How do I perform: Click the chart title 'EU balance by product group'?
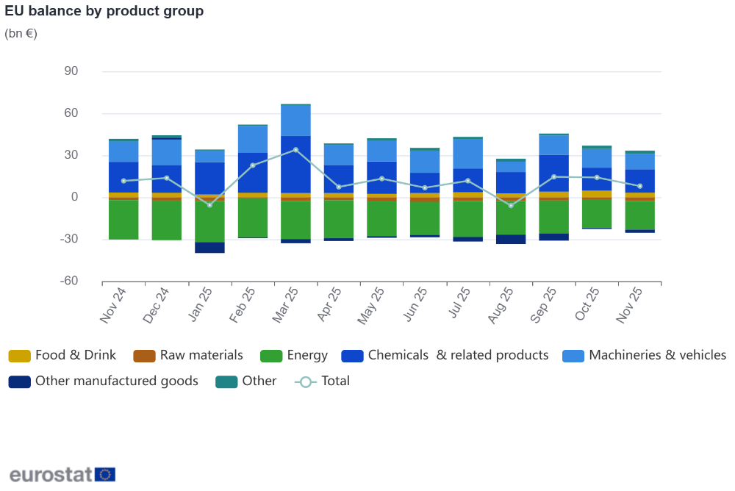click(x=104, y=11)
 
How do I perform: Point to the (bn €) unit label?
click(x=21, y=33)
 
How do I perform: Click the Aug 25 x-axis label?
click(x=501, y=305)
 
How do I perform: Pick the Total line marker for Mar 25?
click(x=295, y=150)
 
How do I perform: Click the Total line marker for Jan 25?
click(x=209, y=205)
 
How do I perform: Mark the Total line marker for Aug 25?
click(x=511, y=206)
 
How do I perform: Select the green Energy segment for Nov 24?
click(x=123, y=220)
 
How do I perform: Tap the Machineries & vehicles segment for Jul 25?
click(x=467, y=154)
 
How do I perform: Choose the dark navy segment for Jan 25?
click(x=209, y=248)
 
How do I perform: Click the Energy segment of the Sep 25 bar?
click(x=553, y=217)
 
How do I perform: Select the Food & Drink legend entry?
click(x=62, y=356)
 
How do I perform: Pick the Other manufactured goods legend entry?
click(x=104, y=381)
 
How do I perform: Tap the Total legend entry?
click(x=323, y=381)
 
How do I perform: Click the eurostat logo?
click(x=62, y=474)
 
